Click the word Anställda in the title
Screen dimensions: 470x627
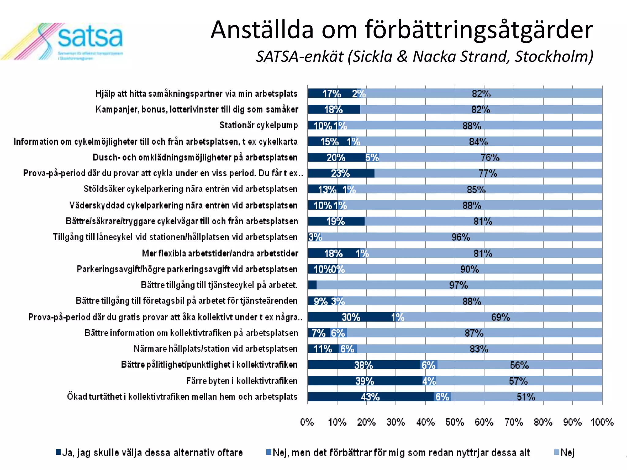pos(262,30)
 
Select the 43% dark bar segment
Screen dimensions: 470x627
pos(370,397)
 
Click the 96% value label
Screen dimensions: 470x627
pos(460,237)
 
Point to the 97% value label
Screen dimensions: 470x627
pos(458,285)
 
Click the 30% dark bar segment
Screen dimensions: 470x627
pos(351,317)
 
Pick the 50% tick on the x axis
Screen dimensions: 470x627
pos(455,423)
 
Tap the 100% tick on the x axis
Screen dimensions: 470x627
pos(602,423)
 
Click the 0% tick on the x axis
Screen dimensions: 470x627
pos(307,423)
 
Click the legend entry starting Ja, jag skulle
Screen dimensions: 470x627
pos(149,453)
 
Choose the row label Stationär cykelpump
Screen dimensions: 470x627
pos(258,125)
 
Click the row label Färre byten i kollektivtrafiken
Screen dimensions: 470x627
pos(242,381)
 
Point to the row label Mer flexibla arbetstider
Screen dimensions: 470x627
pos(220,253)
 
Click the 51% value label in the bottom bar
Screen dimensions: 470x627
pos(526,397)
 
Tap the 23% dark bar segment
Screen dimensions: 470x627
pos(340,173)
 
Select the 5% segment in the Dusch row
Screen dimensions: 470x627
pos(372,157)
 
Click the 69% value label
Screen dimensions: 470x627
pos(500,317)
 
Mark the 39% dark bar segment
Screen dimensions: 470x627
pos(365,381)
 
